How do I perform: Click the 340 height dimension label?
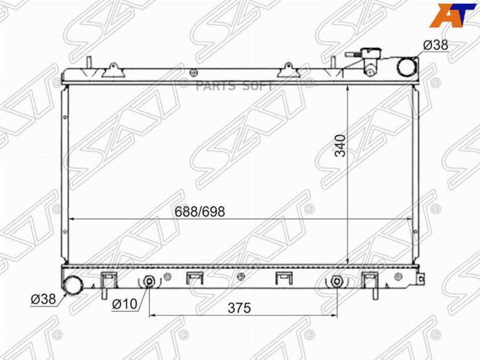[x=340, y=146]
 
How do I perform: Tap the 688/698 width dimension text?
[x=199, y=212]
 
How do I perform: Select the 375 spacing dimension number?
[x=239, y=308]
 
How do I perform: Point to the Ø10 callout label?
[x=124, y=303]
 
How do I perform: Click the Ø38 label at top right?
[x=436, y=45]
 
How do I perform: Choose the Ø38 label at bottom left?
[x=43, y=299]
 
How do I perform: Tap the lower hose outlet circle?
[x=73, y=285]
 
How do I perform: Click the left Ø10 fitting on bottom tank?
[x=149, y=282]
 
